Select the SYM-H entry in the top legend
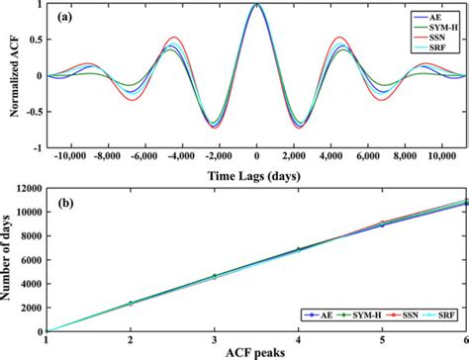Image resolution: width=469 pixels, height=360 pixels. pyautogui.click(x=432, y=29)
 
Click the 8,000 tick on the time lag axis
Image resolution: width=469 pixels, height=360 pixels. pyautogui.click(x=405, y=157)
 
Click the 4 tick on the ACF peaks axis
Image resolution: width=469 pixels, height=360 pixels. pyautogui.click(x=298, y=338)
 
